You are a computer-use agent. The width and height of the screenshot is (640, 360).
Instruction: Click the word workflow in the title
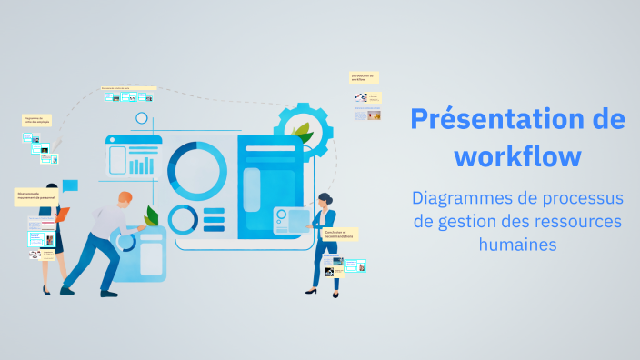click(517, 155)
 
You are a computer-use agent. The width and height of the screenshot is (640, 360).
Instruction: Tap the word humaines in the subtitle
click(517, 244)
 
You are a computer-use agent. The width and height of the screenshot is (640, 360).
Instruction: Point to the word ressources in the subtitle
click(576, 221)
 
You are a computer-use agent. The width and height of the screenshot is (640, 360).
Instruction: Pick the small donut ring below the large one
click(183, 219)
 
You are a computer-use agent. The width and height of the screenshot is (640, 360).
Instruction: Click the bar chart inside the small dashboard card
click(142, 165)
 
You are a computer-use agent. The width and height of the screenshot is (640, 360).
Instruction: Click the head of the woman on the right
click(324, 199)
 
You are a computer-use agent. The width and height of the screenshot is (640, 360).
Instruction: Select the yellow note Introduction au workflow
click(364, 78)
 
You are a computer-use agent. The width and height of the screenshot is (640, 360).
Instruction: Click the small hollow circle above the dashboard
click(142, 117)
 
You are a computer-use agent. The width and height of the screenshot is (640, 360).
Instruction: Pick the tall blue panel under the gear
click(270, 186)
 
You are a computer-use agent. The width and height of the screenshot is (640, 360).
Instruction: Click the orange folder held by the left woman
click(61, 215)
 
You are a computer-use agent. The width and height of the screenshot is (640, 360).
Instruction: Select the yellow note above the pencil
click(36, 120)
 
